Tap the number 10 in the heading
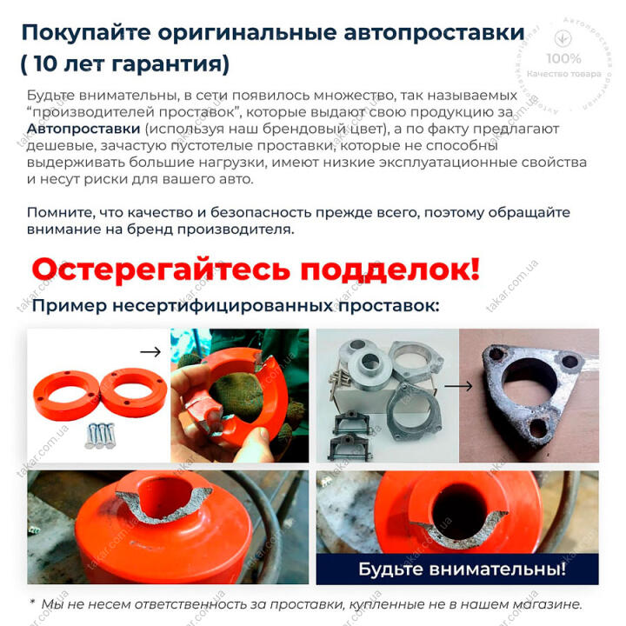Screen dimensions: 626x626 click(45, 63)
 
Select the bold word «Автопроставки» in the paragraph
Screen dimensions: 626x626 click(83, 129)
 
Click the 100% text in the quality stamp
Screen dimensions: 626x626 click(563, 59)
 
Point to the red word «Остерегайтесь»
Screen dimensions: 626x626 click(161, 269)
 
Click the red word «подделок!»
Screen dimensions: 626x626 click(390, 269)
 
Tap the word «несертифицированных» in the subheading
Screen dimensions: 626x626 click(223, 306)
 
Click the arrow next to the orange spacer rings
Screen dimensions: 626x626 click(150, 352)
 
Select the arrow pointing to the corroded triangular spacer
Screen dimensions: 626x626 click(458, 386)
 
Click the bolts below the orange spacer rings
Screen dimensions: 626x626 click(101, 436)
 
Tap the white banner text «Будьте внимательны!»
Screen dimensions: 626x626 click(462, 569)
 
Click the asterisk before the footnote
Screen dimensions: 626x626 click(32, 602)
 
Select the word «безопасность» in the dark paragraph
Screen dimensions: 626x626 click(261, 212)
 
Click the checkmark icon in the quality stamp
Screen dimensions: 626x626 click(563, 38)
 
